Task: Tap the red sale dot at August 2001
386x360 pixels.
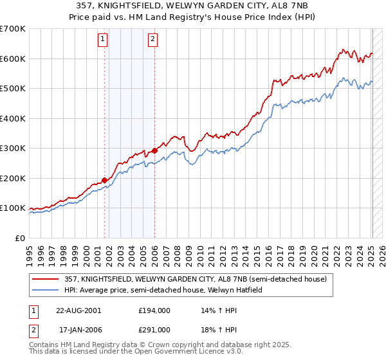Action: [104, 180]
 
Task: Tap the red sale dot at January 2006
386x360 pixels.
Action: [154, 151]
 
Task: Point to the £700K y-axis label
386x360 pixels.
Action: [12, 29]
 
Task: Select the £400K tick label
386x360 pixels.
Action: [12, 118]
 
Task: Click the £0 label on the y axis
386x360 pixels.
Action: [20, 238]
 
